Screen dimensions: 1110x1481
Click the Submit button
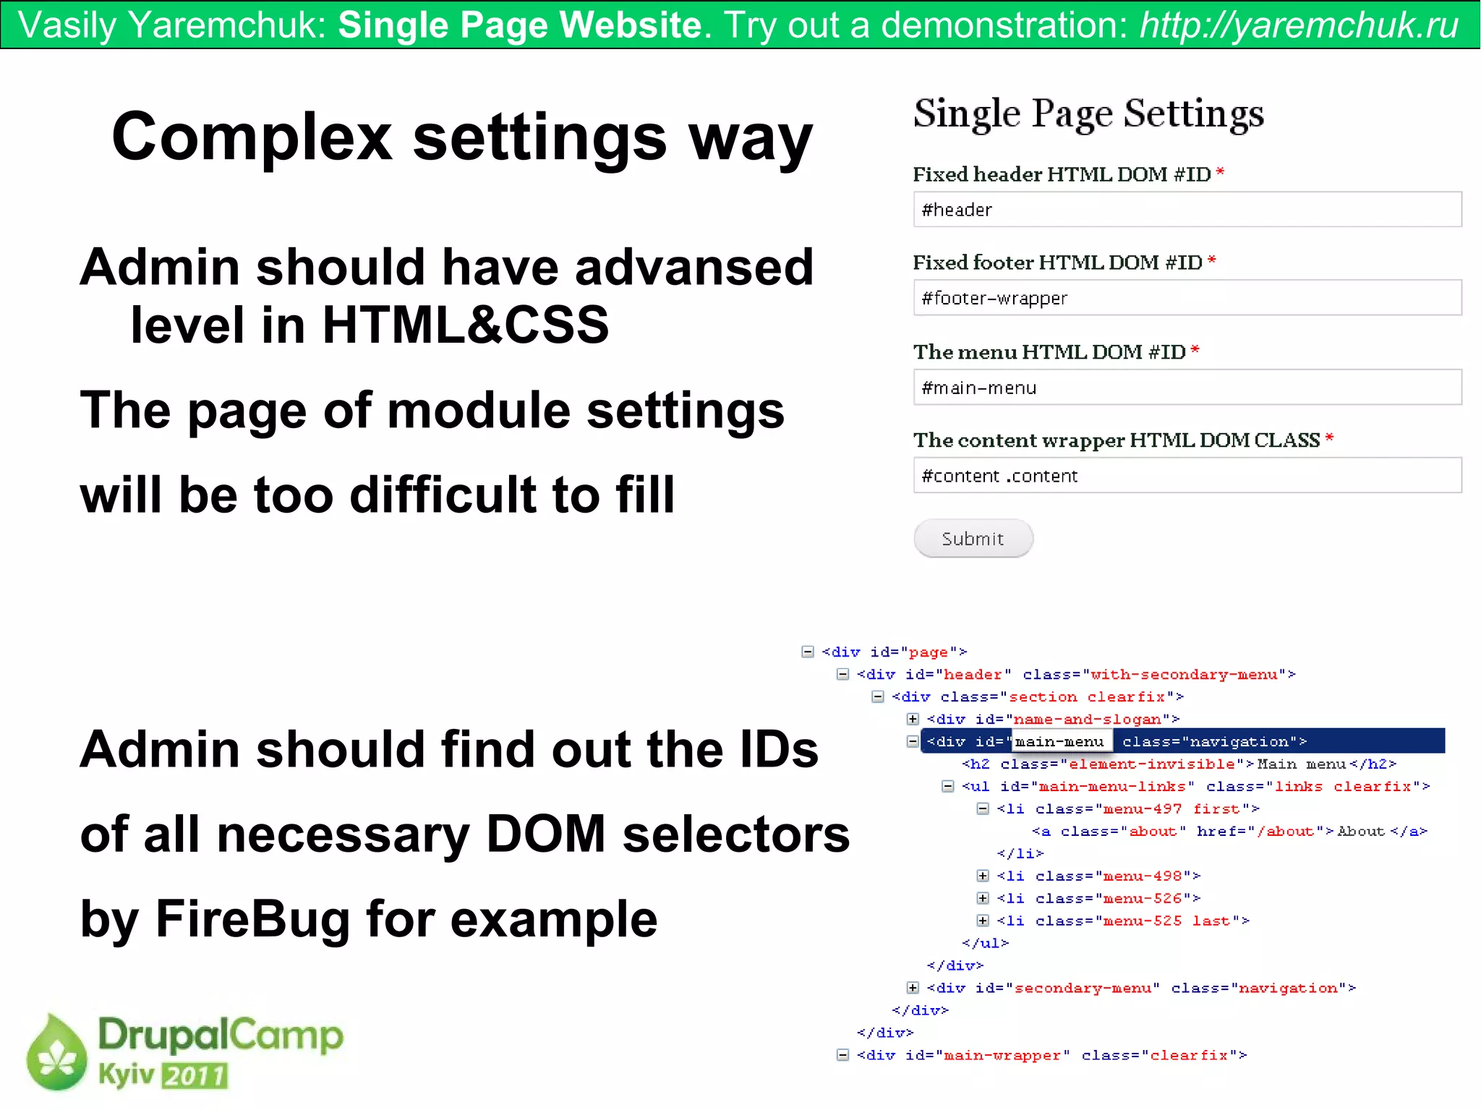coord(973,539)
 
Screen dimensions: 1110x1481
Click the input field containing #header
coord(1187,210)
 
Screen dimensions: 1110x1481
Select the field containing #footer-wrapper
coord(1187,298)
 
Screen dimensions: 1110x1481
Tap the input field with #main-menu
coord(1187,388)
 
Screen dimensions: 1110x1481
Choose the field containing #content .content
coord(1187,476)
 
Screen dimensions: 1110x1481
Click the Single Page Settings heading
coord(1088,114)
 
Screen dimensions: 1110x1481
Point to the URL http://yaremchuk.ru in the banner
coord(1299,25)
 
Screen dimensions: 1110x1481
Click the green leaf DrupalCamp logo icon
coord(56,1054)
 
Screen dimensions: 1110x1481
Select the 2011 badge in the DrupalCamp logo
coord(195,1076)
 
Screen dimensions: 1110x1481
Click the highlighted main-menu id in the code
coord(1059,741)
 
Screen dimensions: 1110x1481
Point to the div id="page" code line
coord(894,652)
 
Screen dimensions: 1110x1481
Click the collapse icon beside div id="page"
coord(808,652)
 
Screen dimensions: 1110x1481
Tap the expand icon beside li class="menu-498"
coord(983,876)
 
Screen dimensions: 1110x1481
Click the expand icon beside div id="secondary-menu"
coord(913,988)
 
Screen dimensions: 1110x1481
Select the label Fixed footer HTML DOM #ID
coord(1057,262)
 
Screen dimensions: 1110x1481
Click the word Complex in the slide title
coord(252,137)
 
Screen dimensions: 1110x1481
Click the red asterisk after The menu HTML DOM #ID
coord(1195,351)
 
